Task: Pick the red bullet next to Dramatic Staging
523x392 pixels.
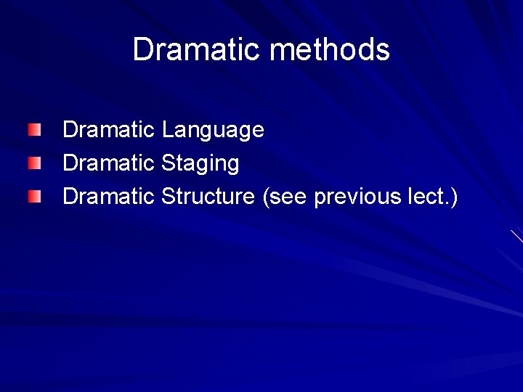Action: (x=36, y=163)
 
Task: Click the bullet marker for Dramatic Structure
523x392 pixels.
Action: (x=36, y=196)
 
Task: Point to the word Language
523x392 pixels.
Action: (x=213, y=131)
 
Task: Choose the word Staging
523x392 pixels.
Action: (x=200, y=163)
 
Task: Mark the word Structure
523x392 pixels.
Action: (x=208, y=196)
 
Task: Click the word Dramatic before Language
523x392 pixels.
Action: (x=109, y=131)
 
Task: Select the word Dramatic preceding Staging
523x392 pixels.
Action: (x=109, y=163)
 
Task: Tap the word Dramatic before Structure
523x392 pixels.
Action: (x=109, y=196)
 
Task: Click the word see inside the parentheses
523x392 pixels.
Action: (x=288, y=197)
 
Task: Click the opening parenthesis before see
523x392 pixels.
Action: (x=266, y=197)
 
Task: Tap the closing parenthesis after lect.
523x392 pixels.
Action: (x=453, y=197)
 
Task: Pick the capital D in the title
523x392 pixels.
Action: (x=142, y=50)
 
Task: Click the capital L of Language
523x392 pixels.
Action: (x=167, y=131)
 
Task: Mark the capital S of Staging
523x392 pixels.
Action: (x=168, y=163)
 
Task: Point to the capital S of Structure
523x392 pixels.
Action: (x=168, y=196)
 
